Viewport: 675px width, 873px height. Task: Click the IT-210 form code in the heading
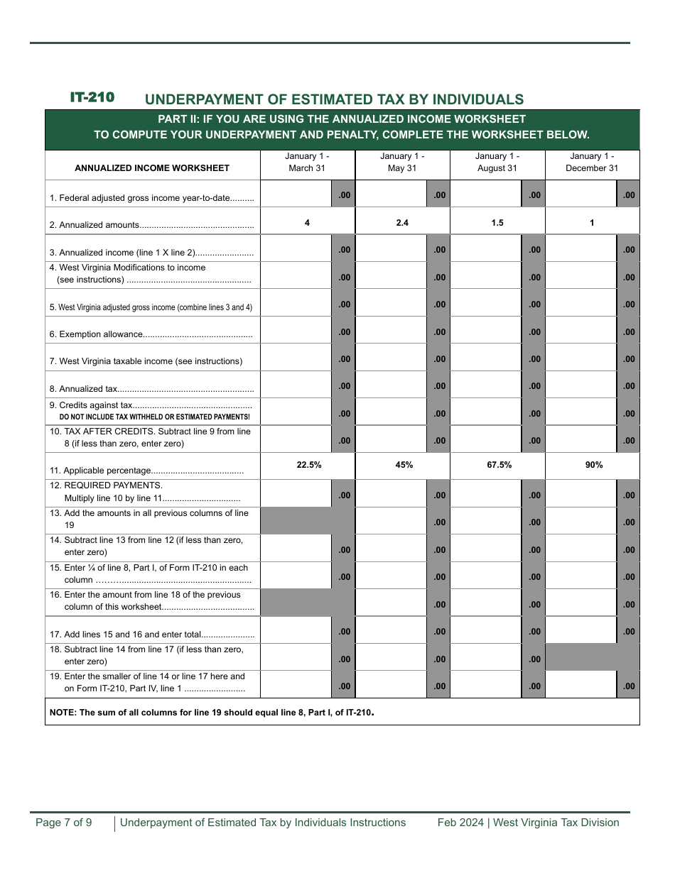click(92, 98)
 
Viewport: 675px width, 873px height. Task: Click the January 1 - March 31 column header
click(307, 163)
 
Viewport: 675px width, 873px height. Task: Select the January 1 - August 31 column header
click(497, 163)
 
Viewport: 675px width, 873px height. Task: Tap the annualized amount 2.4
click(402, 223)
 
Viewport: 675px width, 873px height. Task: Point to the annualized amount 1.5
click(497, 223)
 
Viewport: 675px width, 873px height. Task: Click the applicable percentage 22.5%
click(309, 465)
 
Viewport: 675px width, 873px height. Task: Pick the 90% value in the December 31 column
click(594, 465)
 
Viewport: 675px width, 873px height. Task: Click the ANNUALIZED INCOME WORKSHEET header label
click(152, 168)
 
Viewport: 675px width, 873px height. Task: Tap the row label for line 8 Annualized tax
click(151, 389)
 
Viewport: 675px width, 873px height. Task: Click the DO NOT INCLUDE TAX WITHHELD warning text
click(154, 417)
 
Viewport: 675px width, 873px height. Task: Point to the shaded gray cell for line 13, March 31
click(307, 521)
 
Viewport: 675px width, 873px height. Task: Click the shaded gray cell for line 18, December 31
click(592, 657)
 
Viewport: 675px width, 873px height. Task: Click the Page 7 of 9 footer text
click(64, 823)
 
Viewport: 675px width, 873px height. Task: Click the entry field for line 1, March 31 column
click(296, 194)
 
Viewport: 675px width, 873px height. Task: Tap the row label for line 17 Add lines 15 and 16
click(152, 635)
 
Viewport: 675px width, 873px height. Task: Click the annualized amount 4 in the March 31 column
click(307, 223)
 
